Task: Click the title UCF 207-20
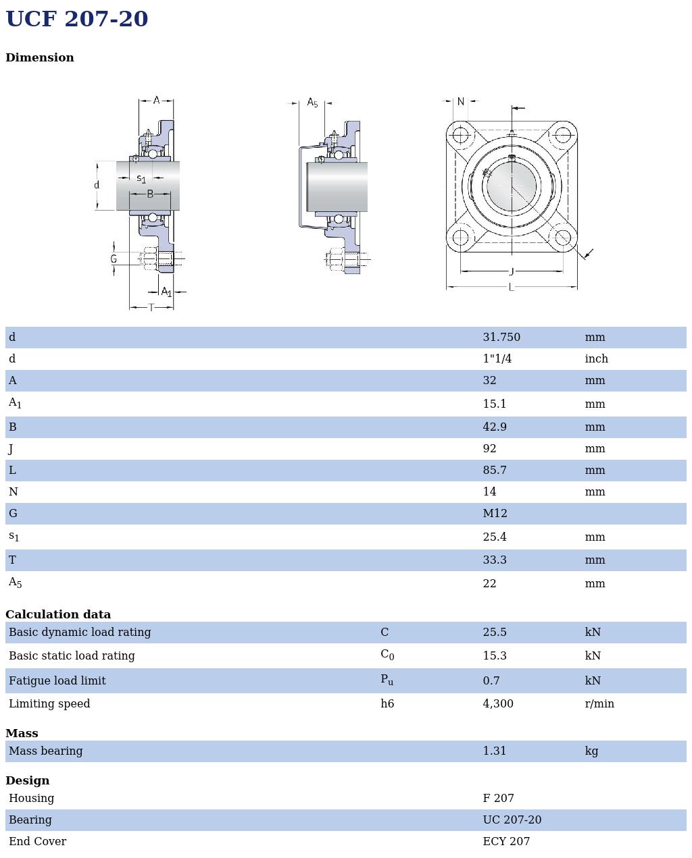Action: pos(76,19)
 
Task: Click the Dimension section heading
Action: pos(40,58)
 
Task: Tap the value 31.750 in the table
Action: pos(501,338)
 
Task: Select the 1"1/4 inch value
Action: pos(497,359)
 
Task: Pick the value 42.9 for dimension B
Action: pos(494,427)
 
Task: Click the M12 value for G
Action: pos(495,514)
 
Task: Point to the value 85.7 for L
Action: pos(494,471)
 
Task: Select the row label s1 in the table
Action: pos(14,537)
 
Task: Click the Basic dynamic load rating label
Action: pos(80,633)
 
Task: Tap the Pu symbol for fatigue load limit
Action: pos(387,680)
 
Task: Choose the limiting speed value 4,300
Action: pos(497,704)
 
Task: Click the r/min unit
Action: pos(599,704)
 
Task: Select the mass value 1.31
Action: pos(494,751)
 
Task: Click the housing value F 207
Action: pos(498,799)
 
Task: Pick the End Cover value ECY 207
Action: pos(505,842)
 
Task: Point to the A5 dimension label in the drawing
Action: pos(312,103)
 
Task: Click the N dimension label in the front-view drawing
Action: pos(460,102)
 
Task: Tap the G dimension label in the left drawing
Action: pos(113,259)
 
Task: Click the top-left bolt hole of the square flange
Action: pos(460,136)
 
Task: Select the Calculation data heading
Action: pos(58,615)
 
